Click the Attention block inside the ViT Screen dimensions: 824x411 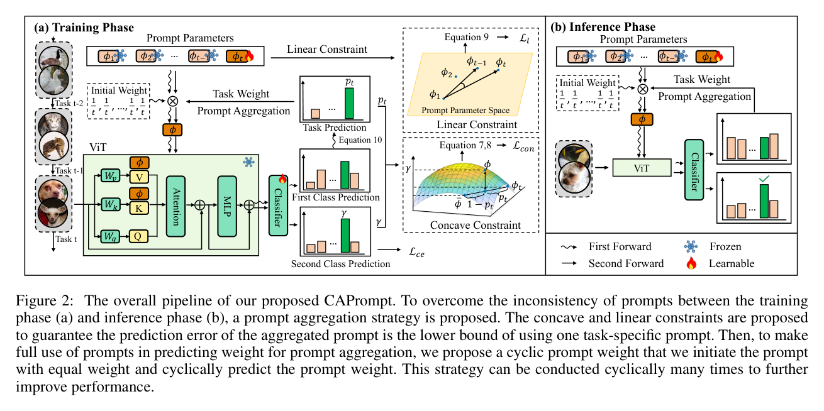pos(175,206)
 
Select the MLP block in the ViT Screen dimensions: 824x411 pos(227,206)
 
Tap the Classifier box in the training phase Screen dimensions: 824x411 pos(278,205)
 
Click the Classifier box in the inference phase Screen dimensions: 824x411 pos(694,170)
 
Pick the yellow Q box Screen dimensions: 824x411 pos(138,236)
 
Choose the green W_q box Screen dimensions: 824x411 pos(110,236)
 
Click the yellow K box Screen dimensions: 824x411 pos(138,209)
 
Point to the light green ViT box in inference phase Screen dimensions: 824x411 pos(642,168)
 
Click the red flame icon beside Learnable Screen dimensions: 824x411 pos(691,263)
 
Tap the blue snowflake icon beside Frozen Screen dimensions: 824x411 pos(691,246)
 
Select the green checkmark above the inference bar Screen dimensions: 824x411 pos(764,179)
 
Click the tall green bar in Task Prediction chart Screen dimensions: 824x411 pos(349,103)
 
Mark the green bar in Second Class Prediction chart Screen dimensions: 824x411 pos(345,236)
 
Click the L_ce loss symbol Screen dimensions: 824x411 pos(416,252)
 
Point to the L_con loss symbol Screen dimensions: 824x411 pos(523,146)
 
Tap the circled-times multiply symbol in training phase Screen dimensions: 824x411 pos(172,101)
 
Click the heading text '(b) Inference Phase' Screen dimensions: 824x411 pos(603,27)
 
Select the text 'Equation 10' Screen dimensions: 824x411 pos(360,140)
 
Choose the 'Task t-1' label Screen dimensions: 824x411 pos(69,170)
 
